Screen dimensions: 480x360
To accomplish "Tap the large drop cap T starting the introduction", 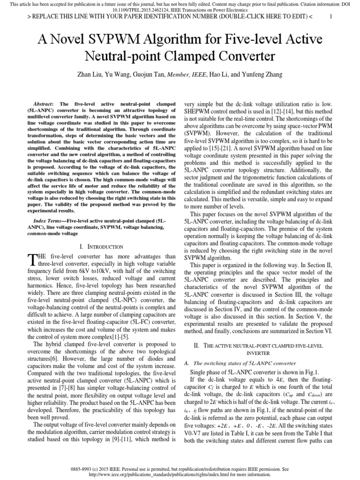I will tap(32, 260).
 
